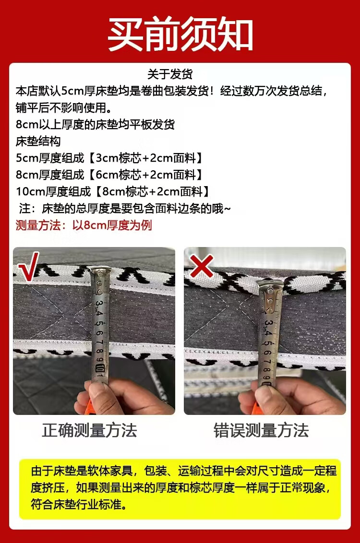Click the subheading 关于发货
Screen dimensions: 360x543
[x=170, y=74]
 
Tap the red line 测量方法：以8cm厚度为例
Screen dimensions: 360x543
[x=84, y=225]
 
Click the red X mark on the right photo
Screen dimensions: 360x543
[x=202, y=266]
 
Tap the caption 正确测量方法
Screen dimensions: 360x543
[x=89, y=431]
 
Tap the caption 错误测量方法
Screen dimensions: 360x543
[x=261, y=431]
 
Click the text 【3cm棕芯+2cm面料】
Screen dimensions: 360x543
[x=145, y=158]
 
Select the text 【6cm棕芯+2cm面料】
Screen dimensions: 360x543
[x=145, y=175]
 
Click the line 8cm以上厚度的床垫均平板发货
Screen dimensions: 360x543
[x=96, y=125]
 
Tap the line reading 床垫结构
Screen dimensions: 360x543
[x=38, y=142]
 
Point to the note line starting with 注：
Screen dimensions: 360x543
[x=125, y=209]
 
